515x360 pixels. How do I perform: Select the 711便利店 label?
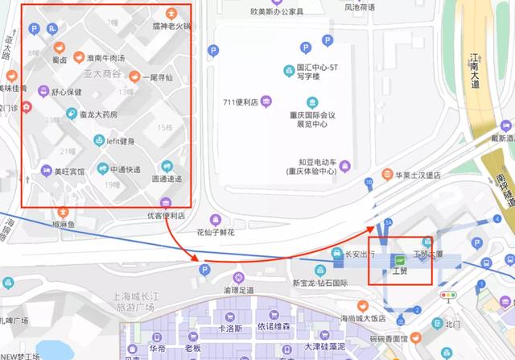240,102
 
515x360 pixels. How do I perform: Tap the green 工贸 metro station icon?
400,260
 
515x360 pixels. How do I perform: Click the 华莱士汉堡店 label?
412,174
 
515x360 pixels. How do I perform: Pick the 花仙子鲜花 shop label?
215,232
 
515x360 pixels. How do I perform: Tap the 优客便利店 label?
166,215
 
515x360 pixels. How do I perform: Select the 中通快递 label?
119,169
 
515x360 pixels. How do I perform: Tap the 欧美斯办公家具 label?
277,12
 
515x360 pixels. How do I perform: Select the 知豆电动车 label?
311,161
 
